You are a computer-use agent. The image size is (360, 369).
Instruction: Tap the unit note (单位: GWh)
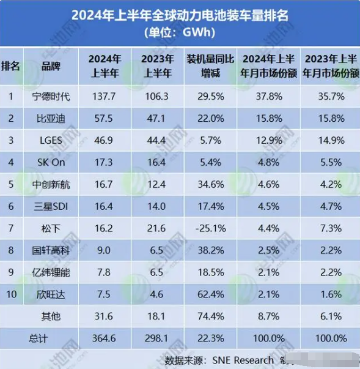(180, 32)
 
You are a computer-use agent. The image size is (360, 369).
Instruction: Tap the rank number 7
(10, 228)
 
